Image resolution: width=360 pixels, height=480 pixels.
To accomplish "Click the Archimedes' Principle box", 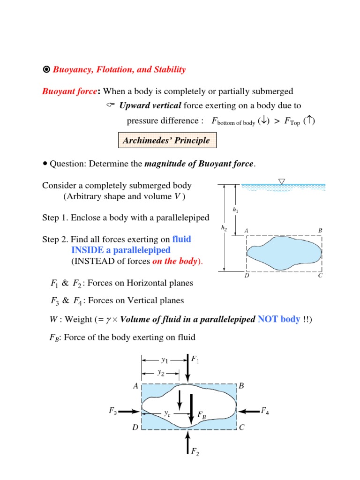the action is click(166, 140).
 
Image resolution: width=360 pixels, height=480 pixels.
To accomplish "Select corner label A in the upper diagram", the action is click(246, 231).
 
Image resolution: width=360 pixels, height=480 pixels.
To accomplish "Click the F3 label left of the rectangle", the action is click(112, 411).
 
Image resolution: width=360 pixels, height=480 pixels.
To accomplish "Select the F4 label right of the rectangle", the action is click(265, 411).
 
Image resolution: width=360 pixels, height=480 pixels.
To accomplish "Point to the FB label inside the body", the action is click(202, 415).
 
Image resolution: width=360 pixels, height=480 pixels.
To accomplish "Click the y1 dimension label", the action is click(165, 360).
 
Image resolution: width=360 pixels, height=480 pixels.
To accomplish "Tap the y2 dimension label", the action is click(161, 373).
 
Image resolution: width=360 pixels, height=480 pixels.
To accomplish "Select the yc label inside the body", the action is click(167, 413).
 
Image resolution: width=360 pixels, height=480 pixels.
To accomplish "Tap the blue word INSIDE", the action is click(88, 250).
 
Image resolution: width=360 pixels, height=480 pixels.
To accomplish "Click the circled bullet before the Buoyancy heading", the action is click(46, 70).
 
